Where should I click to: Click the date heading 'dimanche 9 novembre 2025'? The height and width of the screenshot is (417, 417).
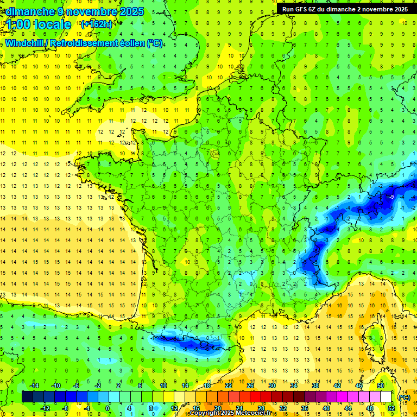pyautogui.click(x=74, y=11)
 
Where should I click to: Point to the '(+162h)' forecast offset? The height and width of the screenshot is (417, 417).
pyautogui.click(x=96, y=24)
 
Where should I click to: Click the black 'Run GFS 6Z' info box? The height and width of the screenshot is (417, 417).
pyautogui.click(x=345, y=9)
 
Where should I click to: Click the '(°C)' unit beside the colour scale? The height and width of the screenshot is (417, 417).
pyautogui.click(x=405, y=397)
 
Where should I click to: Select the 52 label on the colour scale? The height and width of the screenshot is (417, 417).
pyautogui.click(x=391, y=408)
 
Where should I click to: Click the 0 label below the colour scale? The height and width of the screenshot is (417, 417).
pyautogui.click(x=108, y=408)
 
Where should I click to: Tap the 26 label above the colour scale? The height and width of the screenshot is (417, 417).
pyautogui.click(x=250, y=386)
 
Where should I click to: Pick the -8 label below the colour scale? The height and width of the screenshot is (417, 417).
pyautogui.click(x=65, y=408)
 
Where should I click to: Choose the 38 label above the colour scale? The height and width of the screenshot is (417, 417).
pyautogui.click(x=315, y=386)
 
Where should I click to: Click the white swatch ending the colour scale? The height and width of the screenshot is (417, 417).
pyautogui.click(x=386, y=397)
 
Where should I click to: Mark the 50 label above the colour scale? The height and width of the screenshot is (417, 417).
pyautogui.click(x=381, y=386)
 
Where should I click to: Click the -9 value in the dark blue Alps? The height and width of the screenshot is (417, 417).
pyautogui.click(x=391, y=197)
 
